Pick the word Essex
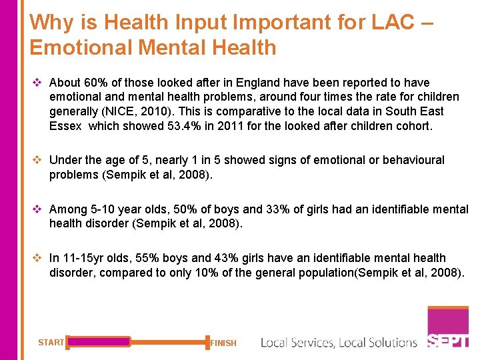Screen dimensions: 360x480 (x=65, y=125)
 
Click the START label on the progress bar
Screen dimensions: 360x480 (x=51, y=343)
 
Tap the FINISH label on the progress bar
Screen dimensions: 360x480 (x=223, y=343)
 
